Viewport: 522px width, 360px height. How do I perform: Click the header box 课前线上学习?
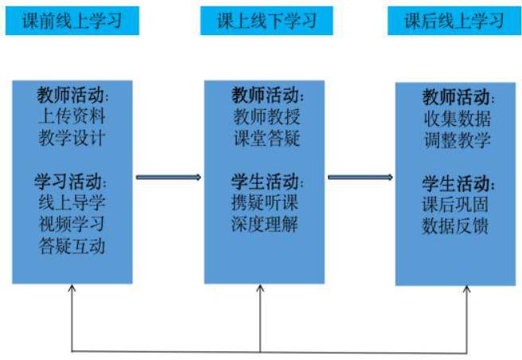point(72,21)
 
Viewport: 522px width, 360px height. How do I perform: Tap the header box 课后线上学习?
point(454,21)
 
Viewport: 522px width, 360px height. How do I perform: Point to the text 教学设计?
point(72,138)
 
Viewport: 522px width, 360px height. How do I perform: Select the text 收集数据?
point(456,119)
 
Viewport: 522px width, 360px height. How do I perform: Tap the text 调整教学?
point(456,140)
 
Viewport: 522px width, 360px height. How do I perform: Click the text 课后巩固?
point(456,204)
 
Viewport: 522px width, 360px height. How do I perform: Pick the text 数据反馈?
point(456,225)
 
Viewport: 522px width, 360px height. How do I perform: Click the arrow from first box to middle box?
point(168,177)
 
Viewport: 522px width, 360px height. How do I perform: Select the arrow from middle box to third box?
point(360,177)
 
